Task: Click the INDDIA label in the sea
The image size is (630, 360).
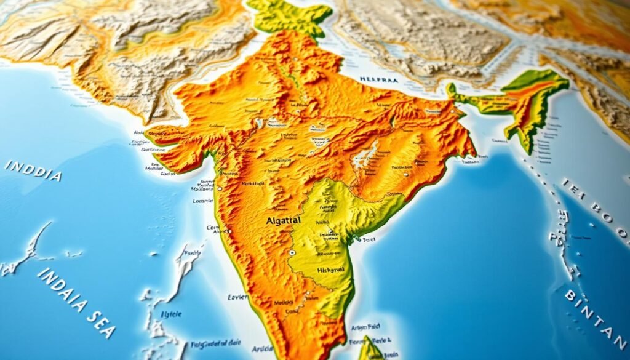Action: [x=34, y=170]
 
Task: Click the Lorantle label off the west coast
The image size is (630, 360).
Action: [x=202, y=201]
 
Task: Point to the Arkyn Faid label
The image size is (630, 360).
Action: [x=365, y=327]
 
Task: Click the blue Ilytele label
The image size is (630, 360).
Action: [x=172, y=314]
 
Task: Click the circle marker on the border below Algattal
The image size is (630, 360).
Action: [x=293, y=252]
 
